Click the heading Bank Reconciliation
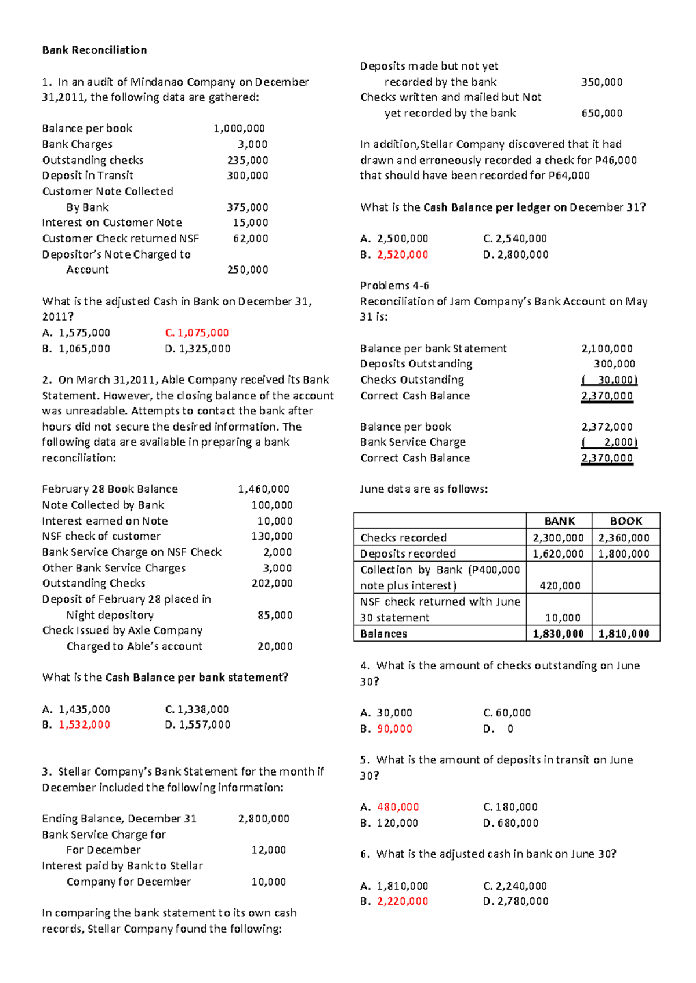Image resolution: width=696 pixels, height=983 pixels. pyautogui.click(x=95, y=50)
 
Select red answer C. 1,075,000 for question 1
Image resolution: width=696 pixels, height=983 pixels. pyautogui.click(x=197, y=333)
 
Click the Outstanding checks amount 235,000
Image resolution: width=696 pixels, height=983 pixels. pyautogui.click(x=248, y=160)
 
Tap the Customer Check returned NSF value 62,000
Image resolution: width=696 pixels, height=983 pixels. pyautogui.click(x=251, y=238)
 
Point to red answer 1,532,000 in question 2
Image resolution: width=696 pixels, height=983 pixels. pyautogui.click(x=84, y=724)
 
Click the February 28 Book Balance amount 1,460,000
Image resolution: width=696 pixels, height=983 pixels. pyautogui.click(x=263, y=489)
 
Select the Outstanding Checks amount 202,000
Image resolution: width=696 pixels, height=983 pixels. pyautogui.click(x=272, y=583)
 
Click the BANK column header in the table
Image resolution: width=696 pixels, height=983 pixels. pyautogui.click(x=559, y=521)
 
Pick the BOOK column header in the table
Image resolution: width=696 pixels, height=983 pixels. pyautogui.click(x=626, y=521)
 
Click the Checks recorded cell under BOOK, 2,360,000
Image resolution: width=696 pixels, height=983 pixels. pyautogui.click(x=624, y=538)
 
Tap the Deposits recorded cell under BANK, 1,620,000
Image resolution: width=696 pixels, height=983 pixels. pyautogui.click(x=558, y=554)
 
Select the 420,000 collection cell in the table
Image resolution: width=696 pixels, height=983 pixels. pyautogui.click(x=560, y=585)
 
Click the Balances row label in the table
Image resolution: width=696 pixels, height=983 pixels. pyautogui.click(x=383, y=634)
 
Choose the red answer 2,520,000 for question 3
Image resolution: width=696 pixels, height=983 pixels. pyautogui.click(x=403, y=254)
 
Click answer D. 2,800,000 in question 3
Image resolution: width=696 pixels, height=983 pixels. pyautogui.click(x=516, y=254)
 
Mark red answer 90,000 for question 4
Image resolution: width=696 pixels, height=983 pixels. pyautogui.click(x=394, y=729)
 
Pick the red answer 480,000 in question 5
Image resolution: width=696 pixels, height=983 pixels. pyautogui.click(x=398, y=807)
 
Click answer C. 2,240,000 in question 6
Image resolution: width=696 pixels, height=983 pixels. pyautogui.click(x=515, y=886)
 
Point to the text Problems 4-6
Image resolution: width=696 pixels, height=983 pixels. pyautogui.click(x=394, y=285)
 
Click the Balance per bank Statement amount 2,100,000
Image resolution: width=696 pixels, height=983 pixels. pyautogui.click(x=607, y=348)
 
